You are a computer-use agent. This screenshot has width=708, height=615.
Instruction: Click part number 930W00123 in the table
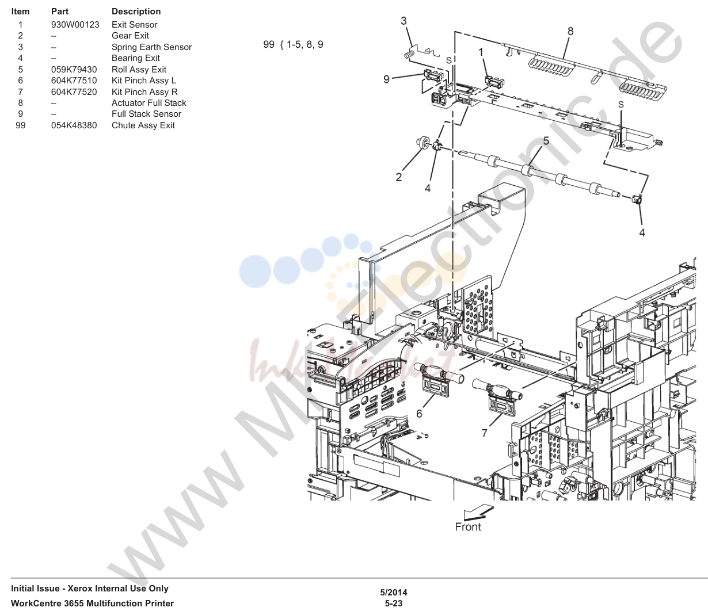tap(75, 25)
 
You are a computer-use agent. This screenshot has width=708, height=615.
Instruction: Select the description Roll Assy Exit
tap(139, 70)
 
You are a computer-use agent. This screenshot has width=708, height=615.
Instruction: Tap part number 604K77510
tap(74, 81)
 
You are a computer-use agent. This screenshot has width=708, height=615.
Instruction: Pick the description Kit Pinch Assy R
tap(144, 92)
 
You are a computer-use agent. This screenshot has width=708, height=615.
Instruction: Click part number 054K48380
tap(74, 125)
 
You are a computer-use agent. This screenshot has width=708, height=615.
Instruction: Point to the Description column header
tap(136, 12)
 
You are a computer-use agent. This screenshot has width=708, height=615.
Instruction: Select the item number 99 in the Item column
tap(21, 125)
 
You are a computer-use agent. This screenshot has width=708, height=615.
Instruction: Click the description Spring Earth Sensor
tap(151, 47)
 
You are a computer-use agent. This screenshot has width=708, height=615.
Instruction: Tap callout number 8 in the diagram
tap(570, 31)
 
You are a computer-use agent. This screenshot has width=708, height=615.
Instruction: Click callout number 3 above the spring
tap(404, 21)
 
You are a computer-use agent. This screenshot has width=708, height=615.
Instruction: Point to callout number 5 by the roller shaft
tap(546, 141)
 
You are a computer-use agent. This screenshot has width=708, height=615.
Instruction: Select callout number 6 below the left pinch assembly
tap(419, 414)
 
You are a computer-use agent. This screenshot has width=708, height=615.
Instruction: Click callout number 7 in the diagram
tap(484, 433)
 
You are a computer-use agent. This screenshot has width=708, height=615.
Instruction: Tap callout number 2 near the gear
tap(399, 177)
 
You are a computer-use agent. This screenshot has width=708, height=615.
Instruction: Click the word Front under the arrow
tap(468, 527)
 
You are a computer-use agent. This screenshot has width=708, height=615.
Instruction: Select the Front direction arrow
tap(478, 512)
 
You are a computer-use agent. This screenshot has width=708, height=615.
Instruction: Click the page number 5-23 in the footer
tap(394, 603)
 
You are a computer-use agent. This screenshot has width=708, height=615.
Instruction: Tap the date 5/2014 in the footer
tap(394, 593)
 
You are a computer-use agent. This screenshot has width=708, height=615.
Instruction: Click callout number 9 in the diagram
tap(387, 79)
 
